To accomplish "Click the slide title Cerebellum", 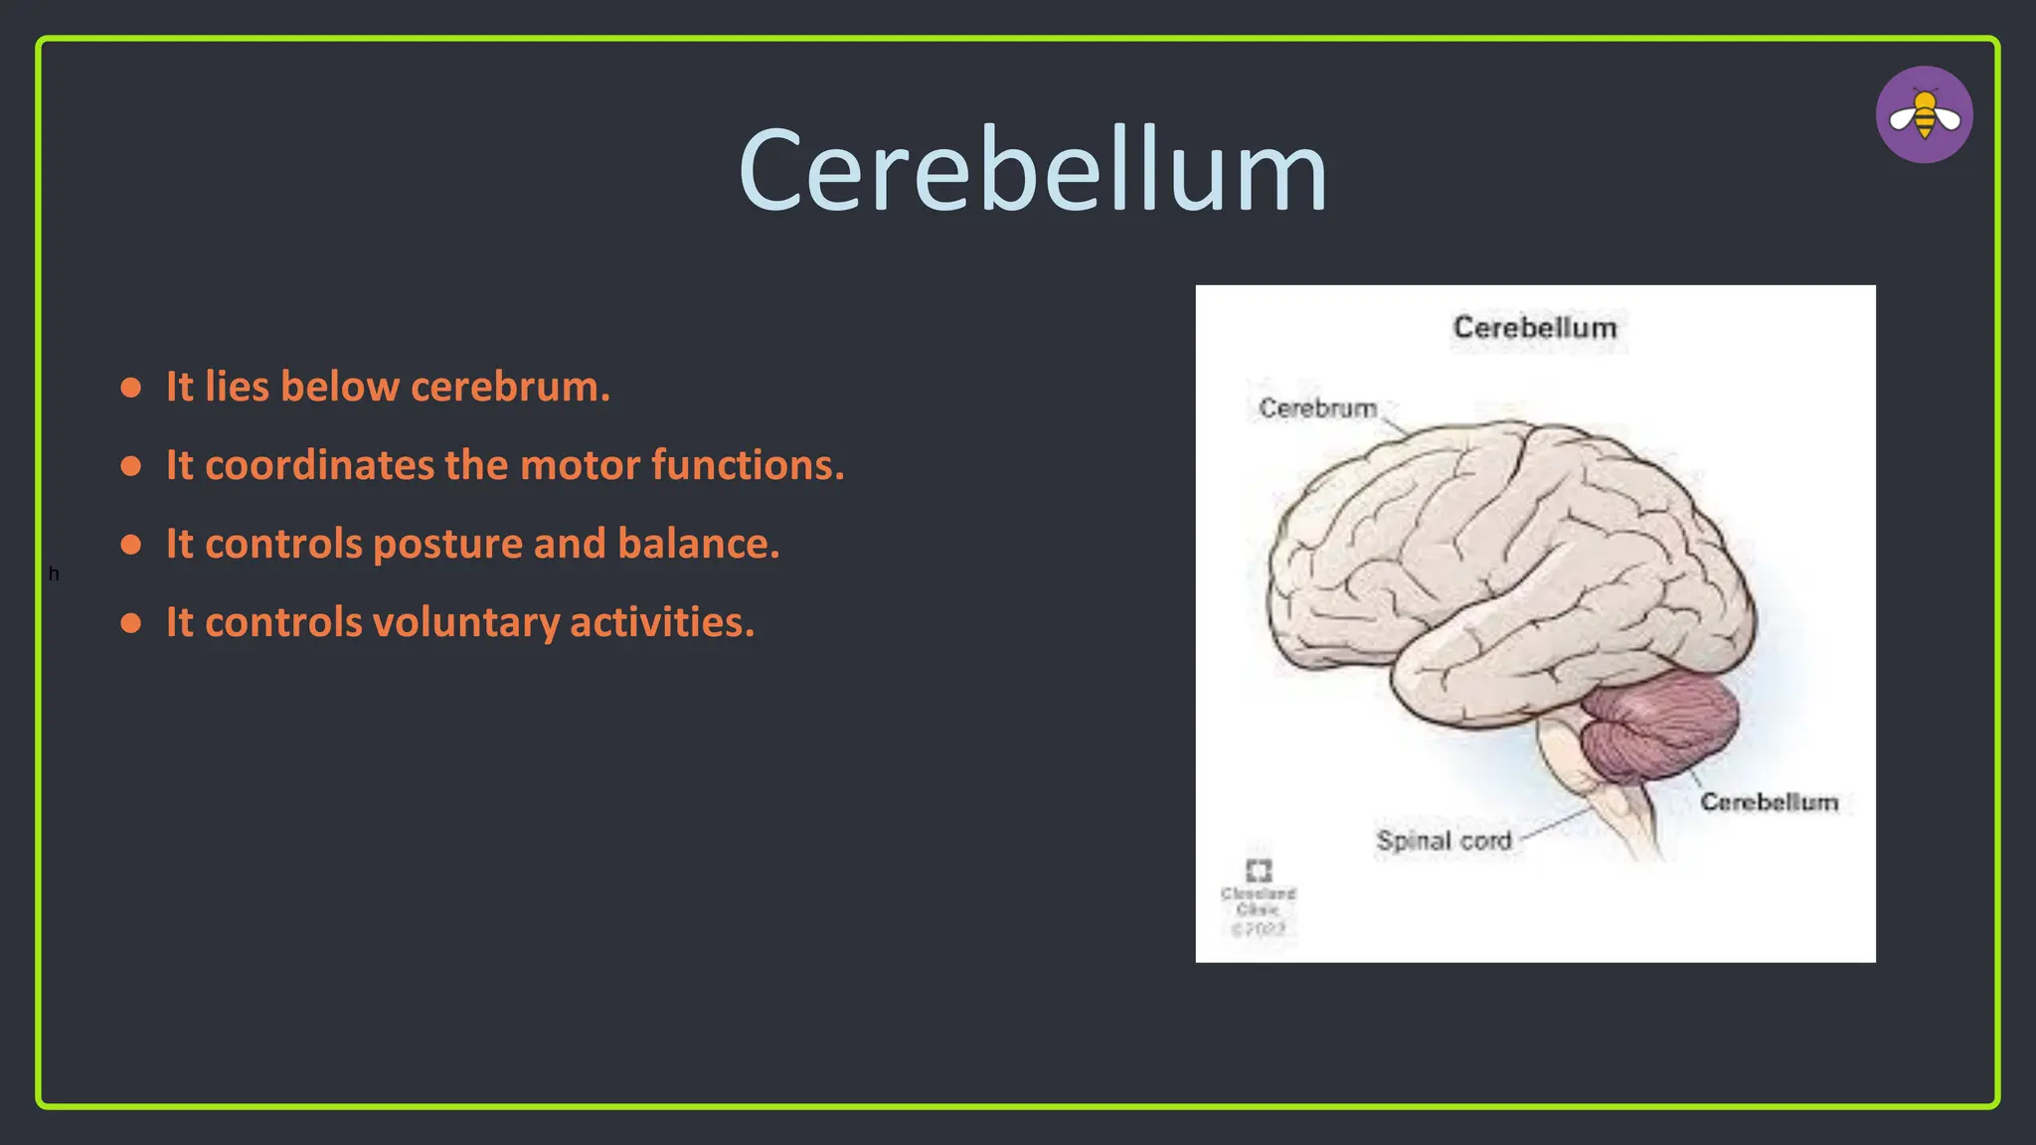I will click(x=1033, y=171).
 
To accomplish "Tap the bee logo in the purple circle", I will click(x=1924, y=115).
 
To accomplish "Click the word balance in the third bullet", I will click(x=697, y=544).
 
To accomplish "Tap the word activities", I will click(x=661, y=622).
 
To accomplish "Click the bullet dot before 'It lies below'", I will click(x=131, y=388).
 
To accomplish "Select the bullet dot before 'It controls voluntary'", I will click(x=131, y=623).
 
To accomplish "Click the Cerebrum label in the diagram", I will click(x=1317, y=409).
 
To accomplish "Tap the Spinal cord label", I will click(x=1443, y=841).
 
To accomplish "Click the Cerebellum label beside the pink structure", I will click(x=1769, y=802).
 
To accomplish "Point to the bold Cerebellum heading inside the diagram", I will click(x=1534, y=328).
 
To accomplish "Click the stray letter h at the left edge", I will click(x=54, y=574).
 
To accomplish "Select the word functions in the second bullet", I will click(x=747, y=465).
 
